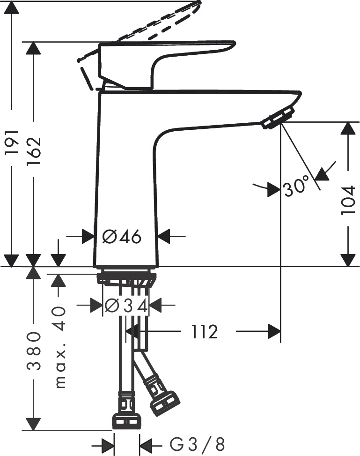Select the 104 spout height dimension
348,200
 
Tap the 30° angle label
296,188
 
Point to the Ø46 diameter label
121,237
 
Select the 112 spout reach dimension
205,332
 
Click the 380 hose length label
33,351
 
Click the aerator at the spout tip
278,118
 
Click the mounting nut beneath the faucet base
126,277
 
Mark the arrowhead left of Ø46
88,237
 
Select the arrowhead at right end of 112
274,332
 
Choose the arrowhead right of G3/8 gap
147,443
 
